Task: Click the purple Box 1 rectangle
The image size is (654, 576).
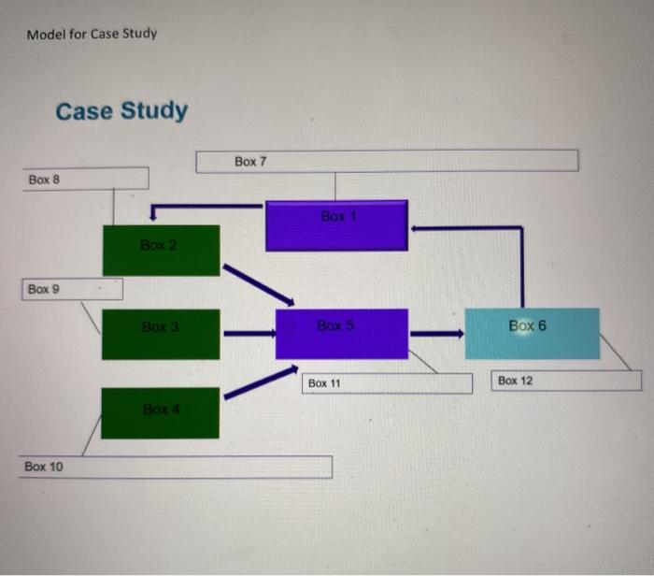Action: click(x=336, y=225)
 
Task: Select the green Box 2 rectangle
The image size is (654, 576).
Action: click(x=161, y=250)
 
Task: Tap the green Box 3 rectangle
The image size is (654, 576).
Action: click(x=161, y=334)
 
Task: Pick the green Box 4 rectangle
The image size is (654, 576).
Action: click(x=160, y=412)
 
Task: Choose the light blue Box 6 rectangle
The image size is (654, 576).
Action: click(x=532, y=333)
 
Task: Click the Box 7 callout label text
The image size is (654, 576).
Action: click(x=250, y=162)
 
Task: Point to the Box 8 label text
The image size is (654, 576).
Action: click(x=44, y=178)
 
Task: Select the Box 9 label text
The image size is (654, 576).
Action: click(x=43, y=289)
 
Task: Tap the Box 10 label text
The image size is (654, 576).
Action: click(x=44, y=466)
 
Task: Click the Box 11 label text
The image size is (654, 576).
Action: click(x=325, y=383)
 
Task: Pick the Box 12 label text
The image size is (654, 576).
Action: click(x=516, y=381)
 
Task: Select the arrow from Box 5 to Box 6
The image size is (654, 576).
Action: click(x=436, y=333)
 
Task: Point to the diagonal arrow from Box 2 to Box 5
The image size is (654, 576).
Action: click(x=258, y=283)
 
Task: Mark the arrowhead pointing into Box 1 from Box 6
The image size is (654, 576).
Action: click(x=418, y=226)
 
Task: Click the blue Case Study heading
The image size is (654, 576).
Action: click(x=121, y=111)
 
